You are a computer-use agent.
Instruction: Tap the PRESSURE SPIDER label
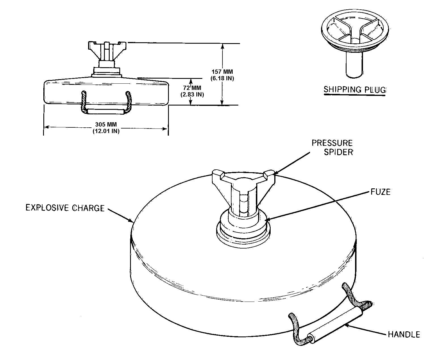(x=332, y=148)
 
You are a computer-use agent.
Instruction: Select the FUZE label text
(x=381, y=192)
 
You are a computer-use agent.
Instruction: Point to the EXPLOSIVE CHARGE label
(x=65, y=208)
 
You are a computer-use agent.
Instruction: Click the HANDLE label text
(x=404, y=334)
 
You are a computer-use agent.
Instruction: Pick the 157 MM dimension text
(x=222, y=72)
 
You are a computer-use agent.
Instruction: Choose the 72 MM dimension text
(x=192, y=88)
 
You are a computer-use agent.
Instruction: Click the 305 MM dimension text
(x=106, y=125)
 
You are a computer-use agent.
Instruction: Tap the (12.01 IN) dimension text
(x=106, y=131)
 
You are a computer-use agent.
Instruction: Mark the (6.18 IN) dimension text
(x=222, y=78)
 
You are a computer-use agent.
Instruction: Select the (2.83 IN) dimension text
(x=192, y=94)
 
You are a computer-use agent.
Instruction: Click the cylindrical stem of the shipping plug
(x=354, y=64)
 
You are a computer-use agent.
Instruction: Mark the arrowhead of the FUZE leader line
(x=267, y=220)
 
